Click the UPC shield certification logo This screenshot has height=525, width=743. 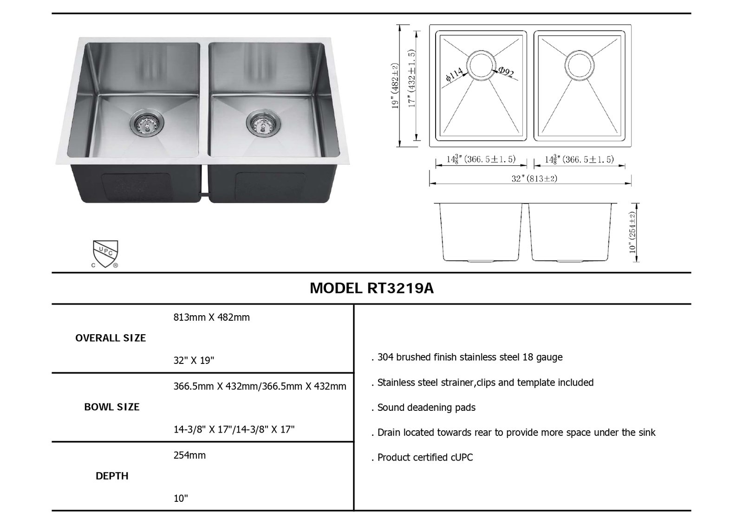pyautogui.click(x=105, y=254)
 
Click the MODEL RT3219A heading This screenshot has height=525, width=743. pyautogui.click(x=371, y=288)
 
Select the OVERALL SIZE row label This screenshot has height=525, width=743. pyautogui.click(x=111, y=338)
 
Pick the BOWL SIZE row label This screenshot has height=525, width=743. pyautogui.click(x=112, y=407)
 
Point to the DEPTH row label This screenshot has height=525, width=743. pyautogui.click(x=112, y=476)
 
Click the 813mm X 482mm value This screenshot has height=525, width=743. pyautogui.click(x=212, y=318)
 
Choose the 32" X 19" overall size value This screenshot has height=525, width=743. pyautogui.click(x=194, y=360)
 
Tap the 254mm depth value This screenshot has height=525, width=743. pyautogui.click(x=189, y=455)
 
